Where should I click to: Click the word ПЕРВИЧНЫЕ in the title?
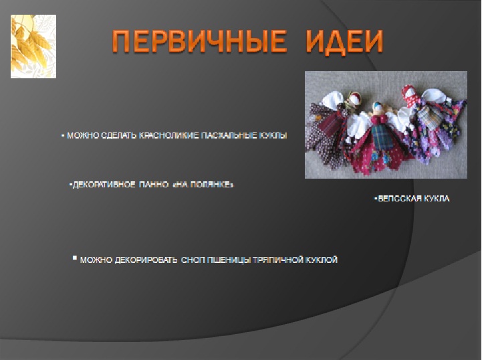pos(199,41)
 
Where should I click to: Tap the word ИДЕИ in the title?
pos(344,42)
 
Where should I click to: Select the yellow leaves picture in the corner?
pos(33,46)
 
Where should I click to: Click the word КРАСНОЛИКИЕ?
pos(168,135)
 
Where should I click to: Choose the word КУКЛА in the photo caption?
pos(437,199)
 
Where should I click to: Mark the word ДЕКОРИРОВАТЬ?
pos(146,260)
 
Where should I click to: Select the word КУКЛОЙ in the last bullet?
pos(322,260)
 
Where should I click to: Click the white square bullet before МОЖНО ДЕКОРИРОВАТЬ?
pos(75,258)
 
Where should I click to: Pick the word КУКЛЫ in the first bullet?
pos(273,135)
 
